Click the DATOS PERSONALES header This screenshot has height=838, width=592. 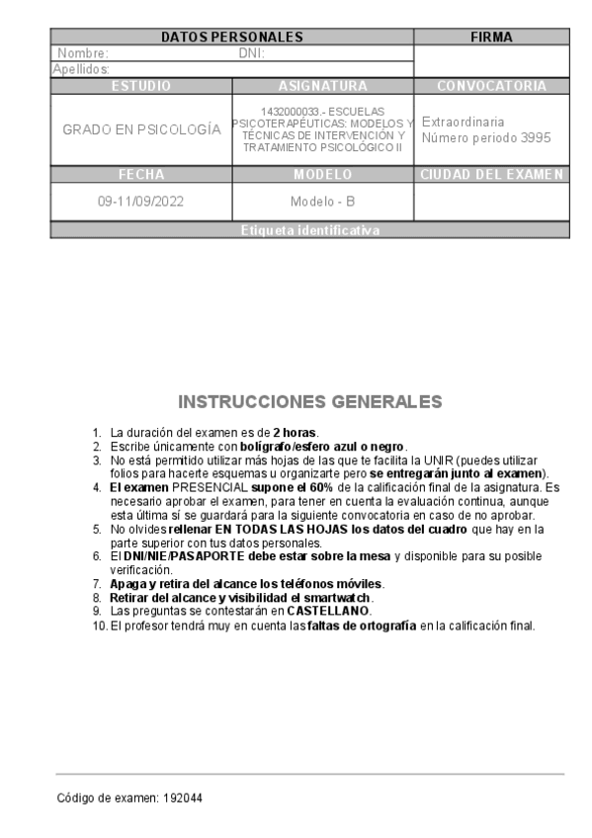231,38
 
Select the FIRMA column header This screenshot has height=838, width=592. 491,38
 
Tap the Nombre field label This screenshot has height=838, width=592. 83,53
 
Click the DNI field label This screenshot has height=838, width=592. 251,53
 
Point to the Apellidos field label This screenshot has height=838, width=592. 81,69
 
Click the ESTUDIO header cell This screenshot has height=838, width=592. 141,86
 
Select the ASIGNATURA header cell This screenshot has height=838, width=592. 323,86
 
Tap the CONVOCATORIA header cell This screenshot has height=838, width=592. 491,86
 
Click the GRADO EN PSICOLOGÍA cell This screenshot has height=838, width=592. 141,129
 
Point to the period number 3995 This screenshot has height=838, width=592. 535,137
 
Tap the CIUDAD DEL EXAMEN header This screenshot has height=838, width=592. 491,175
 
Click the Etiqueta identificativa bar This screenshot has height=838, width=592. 309,230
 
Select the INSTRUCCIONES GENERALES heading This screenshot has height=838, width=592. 309,402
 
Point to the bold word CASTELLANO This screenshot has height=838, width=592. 328,612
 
